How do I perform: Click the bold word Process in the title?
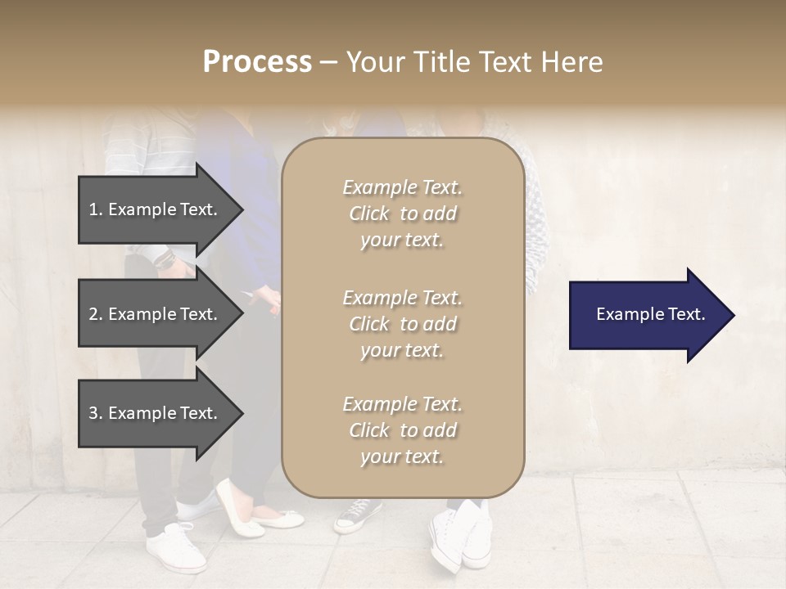[257, 62]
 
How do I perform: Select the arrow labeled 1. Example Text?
[156, 209]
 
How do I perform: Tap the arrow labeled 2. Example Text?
[156, 314]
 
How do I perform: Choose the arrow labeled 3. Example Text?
[156, 413]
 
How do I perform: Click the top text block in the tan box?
[402, 214]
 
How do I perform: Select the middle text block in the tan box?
[402, 324]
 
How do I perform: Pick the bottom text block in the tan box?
[402, 430]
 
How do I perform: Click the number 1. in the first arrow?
[96, 209]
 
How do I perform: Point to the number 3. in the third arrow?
[96, 413]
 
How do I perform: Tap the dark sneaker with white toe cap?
[357, 515]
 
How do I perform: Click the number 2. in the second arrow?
[96, 314]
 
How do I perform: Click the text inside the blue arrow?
[650, 314]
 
